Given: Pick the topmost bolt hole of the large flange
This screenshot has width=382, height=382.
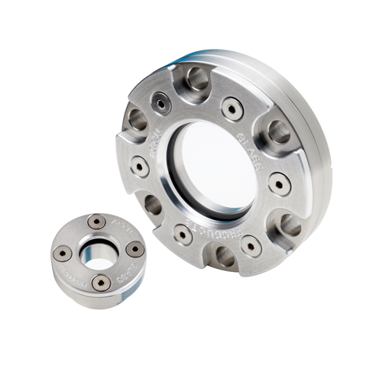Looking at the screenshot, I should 196,77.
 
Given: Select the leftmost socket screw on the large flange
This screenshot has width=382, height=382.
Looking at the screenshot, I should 139,165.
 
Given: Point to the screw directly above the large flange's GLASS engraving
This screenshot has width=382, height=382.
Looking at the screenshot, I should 233,108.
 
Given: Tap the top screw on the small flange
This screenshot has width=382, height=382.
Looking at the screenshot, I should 96,222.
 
